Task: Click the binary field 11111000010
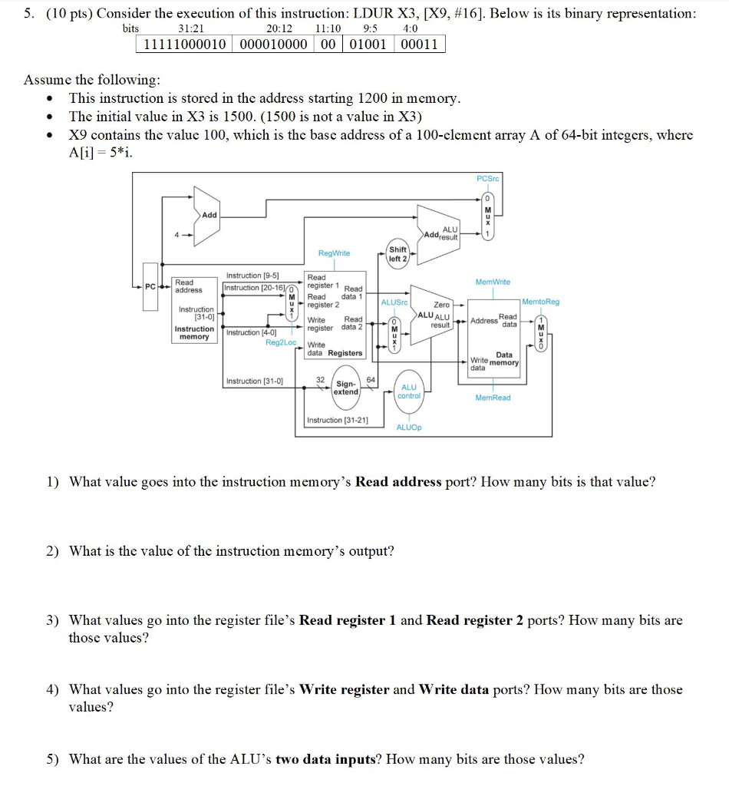click(185, 44)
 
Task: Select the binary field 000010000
click(274, 44)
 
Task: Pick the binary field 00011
click(419, 44)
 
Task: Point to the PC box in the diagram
click(150, 287)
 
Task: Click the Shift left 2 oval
click(398, 254)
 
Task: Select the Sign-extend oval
click(346, 388)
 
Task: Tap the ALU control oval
click(409, 391)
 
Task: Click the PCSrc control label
click(487, 178)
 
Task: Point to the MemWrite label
click(492, 282)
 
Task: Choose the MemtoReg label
click(540, 302)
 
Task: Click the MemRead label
click(492, 398)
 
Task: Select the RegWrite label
click(334, 253)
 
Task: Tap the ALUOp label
click(409, 427)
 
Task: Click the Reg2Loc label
click(280, 342)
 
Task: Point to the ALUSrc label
click(394, 302)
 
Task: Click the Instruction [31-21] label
click(338, 420)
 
